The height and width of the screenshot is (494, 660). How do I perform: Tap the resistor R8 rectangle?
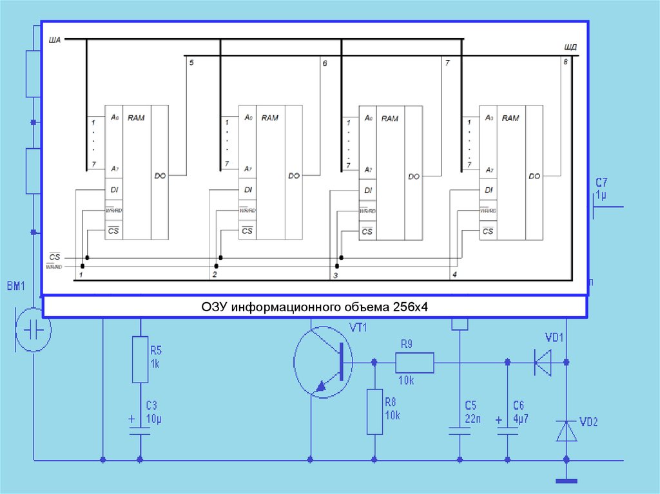pos(374,411)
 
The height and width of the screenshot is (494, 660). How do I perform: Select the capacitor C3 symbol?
pos(140,434)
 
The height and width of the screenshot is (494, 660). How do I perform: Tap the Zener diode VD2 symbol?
pos(567,430)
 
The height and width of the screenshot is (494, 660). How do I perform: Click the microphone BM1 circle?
pos(33,330)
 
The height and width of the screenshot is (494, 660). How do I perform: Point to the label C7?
pos(601,183)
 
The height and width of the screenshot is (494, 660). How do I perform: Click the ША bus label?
pos(55,41)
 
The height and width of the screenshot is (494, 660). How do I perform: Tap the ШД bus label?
pos(570,48)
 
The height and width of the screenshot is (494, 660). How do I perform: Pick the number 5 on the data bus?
pos(191,62)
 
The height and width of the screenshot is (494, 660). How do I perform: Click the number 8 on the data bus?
pos(565,62)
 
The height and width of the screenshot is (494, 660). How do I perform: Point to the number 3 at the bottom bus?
pos(335,275)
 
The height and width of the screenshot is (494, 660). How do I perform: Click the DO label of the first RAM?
pos(160,175)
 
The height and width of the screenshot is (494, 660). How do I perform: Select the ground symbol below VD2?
pos(567,480)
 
